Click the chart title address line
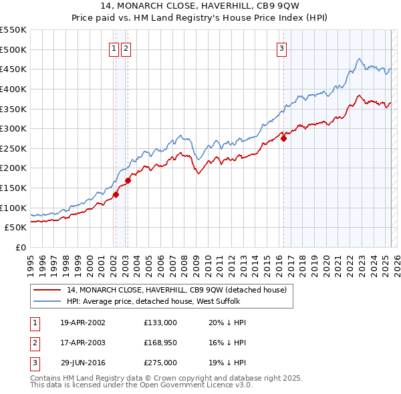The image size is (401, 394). tap(200, 7)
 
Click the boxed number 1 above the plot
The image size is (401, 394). tap(114, 47)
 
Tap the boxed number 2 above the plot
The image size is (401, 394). tap(126, 47)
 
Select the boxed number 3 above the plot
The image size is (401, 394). tap(282, 47)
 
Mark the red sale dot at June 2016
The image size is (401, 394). tap(283, 139)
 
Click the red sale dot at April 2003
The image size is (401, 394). tap(128, 180)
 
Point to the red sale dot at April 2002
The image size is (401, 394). tap(116, 194)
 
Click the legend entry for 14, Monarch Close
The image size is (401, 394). tap(176, 290)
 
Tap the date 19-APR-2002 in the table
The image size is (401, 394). tap(83, 323)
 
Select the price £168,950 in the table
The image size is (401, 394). tap(160, 343)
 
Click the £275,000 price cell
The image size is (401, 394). tap(160, 363)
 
